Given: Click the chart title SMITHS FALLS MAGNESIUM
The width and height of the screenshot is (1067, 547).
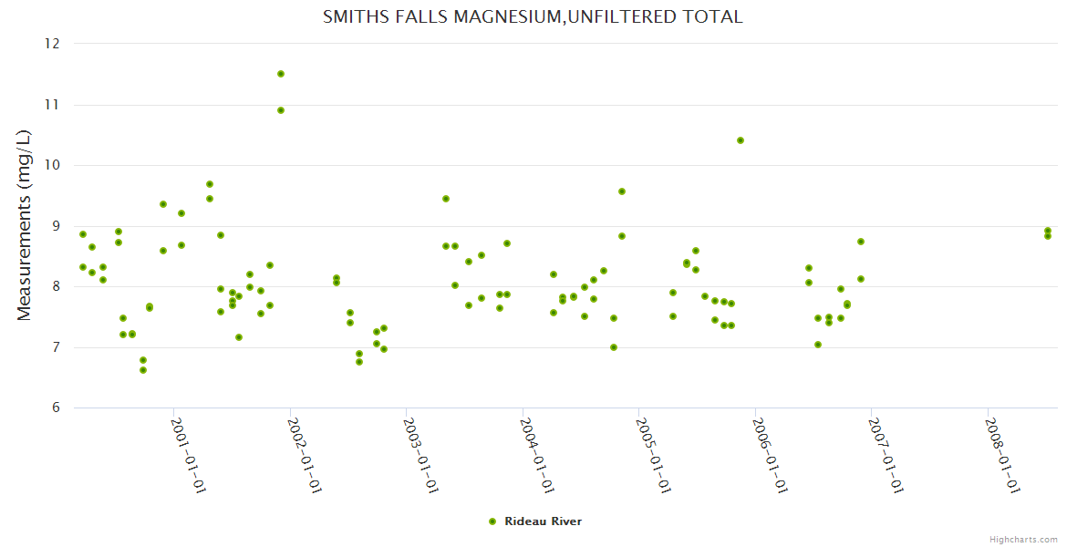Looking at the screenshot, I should tap(533, 16).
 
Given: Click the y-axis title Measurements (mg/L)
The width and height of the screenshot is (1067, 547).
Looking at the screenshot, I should tap(25, 225).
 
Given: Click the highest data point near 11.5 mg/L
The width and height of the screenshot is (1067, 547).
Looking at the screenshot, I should tap(281, 74).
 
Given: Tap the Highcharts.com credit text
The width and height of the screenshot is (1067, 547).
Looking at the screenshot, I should tap(1023, 539).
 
